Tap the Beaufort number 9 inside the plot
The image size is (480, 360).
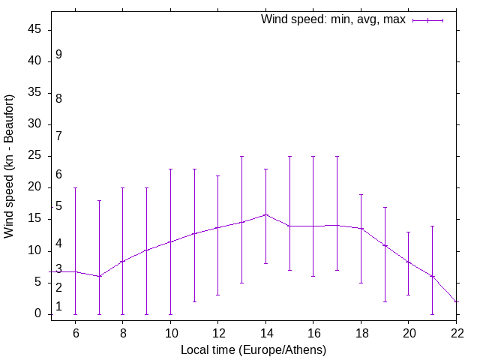(58, 55)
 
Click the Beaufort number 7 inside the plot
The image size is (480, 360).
(58, 136)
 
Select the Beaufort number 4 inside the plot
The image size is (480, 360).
(58, 244)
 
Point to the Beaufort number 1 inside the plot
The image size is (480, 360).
(58, 306)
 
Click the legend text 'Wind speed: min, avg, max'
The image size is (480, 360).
(333, 19)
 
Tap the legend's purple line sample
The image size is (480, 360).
(427, 20)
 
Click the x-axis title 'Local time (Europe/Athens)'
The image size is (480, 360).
(253, 349)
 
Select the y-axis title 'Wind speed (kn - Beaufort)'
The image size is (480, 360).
(10, 166)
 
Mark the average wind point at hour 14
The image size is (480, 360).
(265, 214)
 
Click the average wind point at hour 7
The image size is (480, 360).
(99, 276)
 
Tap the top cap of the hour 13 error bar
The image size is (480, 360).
(241, 157)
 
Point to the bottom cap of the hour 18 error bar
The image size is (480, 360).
(361, 283)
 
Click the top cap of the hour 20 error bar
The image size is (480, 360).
(409, 232)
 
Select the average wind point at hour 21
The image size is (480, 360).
(433, 276)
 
